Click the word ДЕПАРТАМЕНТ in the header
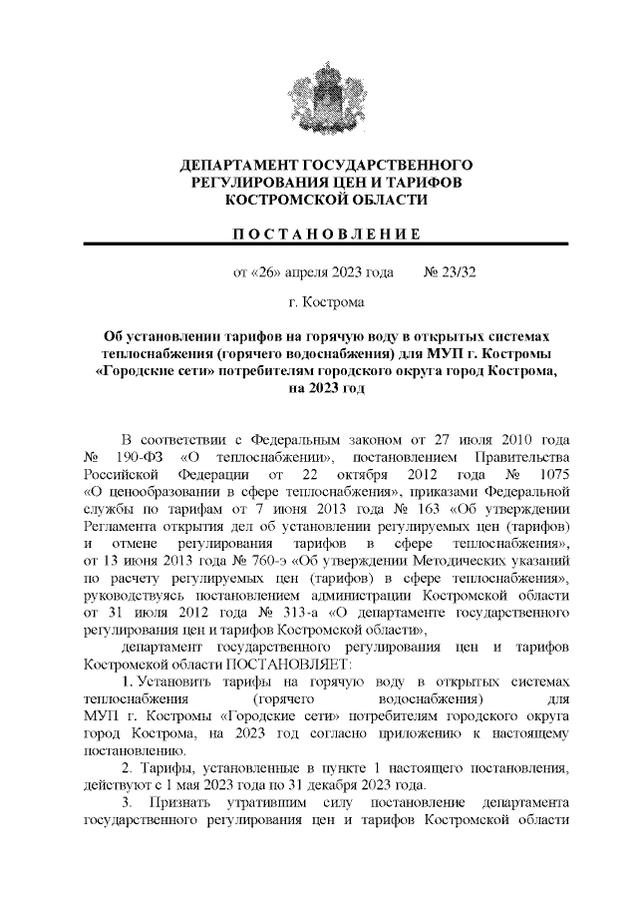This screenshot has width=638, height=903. pyautogui.click(x=238, y=164)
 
